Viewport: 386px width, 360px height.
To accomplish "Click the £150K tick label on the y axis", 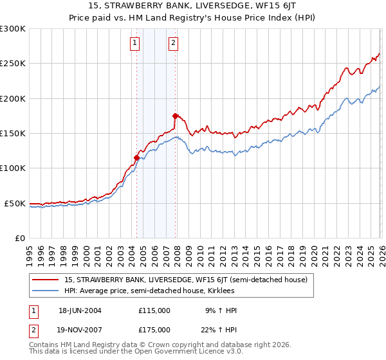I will [x=12, y=133].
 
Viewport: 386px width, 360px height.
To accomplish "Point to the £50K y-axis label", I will [x=15, y=203].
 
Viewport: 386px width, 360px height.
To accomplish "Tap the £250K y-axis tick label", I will [x=12, y=64].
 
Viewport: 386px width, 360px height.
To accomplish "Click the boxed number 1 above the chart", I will [x=135, y=43].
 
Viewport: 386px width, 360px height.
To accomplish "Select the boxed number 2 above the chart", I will [x=174, y=43].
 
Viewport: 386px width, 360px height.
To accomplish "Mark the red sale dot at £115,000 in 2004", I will [x=136, y=157].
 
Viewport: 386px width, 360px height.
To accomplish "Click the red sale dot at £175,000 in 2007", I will [x=175, y=116].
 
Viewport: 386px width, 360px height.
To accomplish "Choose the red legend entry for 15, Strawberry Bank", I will [x=186, y=280].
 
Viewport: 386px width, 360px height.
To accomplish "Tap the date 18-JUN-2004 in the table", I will [x=80, y=310].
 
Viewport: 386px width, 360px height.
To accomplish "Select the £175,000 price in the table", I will [x=154, y=329].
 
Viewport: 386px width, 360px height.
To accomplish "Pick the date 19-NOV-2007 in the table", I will [x=80, y=329].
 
